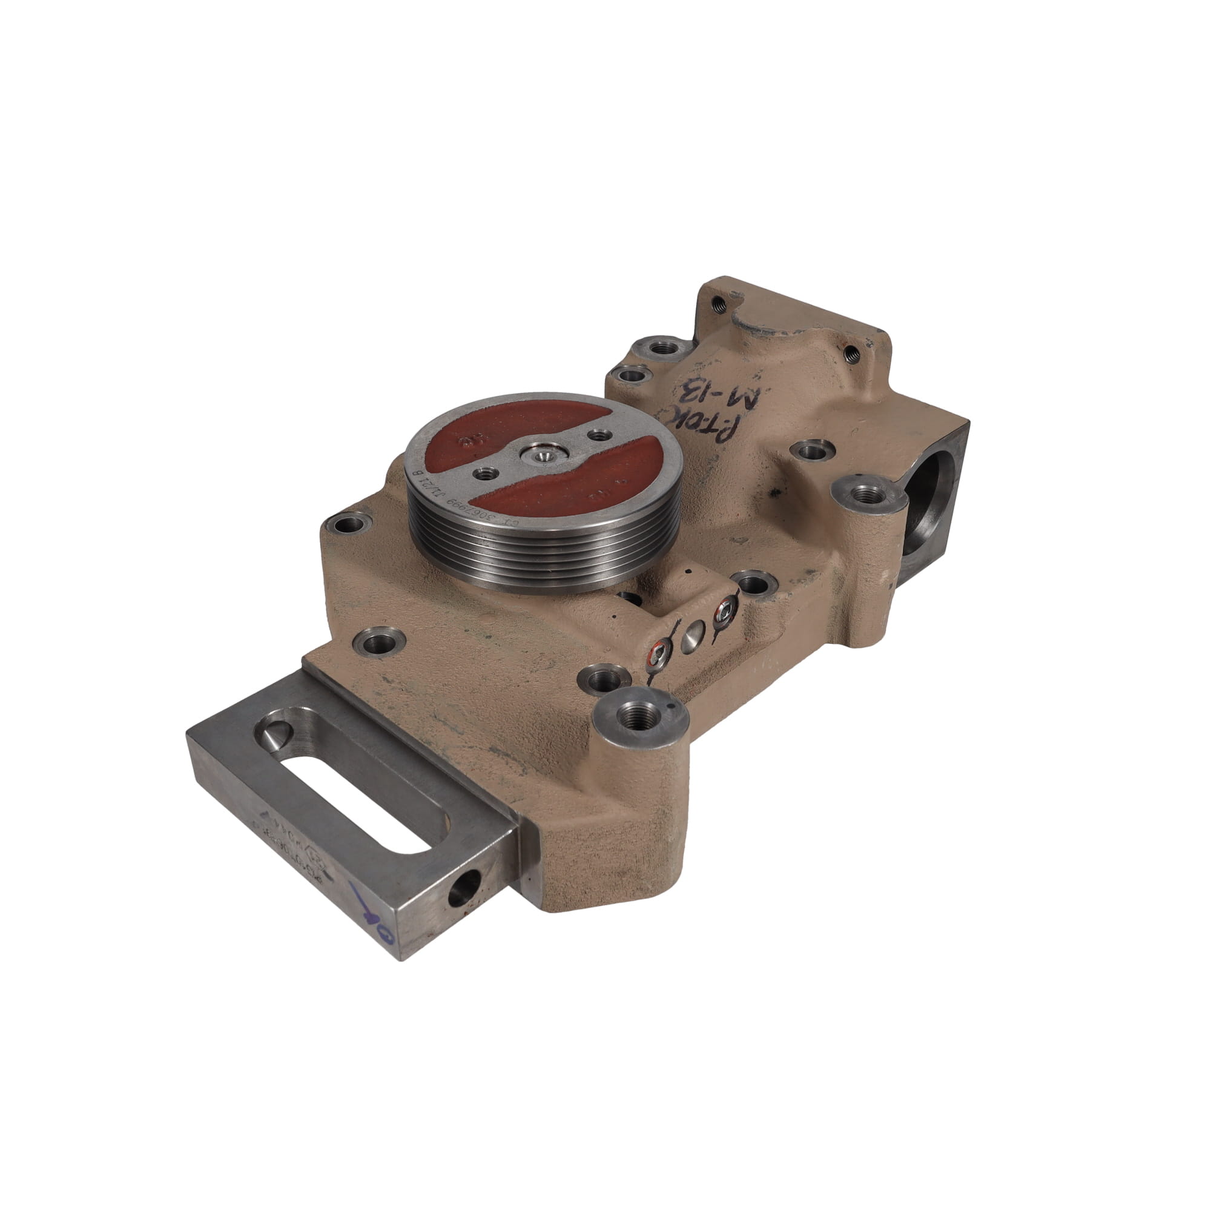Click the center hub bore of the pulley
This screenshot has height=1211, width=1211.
(543, 457)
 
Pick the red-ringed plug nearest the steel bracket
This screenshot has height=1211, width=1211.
(657, 656)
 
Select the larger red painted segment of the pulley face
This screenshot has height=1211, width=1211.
(564, 483)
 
